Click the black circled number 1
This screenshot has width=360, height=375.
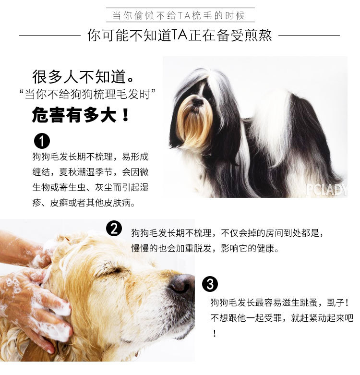click(42, 141)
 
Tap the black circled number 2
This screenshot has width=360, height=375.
click(114, 229)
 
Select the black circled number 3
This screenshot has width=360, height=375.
click(210, 284)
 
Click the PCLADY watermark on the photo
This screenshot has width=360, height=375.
click(326, 190)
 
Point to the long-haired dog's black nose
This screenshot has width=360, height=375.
click(198, 102)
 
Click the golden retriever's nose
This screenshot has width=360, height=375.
click(181, 285)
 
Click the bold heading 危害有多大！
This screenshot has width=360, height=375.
click(81, 115)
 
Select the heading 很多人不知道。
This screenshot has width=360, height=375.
click(83, 77)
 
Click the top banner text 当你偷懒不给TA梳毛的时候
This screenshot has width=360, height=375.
click(179, 15)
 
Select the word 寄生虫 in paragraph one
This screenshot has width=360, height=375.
click(72, 187)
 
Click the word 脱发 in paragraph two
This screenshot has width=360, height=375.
click(203, 249)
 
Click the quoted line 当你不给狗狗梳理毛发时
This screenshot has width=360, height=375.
click(87, 94)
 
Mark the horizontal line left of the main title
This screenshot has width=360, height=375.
click(50, 36)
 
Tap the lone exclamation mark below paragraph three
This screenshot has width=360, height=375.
click(215, 333)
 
